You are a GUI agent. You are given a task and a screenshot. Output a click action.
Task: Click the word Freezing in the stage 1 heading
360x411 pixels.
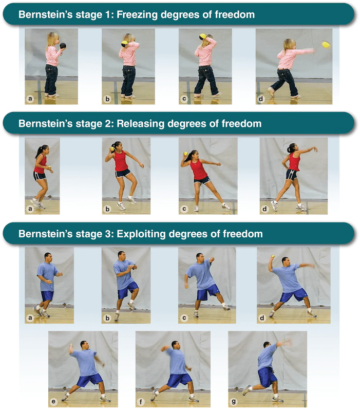137,15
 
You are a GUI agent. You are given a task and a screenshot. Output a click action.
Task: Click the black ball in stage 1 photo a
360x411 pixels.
63,46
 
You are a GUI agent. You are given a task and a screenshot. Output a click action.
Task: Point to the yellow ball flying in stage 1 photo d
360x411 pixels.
326,44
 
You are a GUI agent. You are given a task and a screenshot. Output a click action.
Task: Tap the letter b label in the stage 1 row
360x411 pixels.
107,99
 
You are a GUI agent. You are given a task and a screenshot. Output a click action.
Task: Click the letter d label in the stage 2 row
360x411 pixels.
264,209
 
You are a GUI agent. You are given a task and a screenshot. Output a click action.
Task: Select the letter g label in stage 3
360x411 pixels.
234,401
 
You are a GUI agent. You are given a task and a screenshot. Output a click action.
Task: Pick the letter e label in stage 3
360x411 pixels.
53,402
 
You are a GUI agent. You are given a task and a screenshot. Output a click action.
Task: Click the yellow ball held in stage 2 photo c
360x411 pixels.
186,154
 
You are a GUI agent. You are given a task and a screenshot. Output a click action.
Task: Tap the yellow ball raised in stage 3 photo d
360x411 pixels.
273,256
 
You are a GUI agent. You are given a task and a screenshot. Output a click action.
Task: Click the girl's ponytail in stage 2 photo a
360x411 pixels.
40,152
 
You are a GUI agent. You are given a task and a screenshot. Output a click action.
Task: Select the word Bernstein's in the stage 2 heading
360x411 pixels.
45,123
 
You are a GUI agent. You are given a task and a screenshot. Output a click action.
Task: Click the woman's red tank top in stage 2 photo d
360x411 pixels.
294,161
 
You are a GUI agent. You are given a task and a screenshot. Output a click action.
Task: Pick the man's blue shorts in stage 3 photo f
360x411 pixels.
180,380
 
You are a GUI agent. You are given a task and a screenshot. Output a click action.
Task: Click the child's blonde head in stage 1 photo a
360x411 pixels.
53,40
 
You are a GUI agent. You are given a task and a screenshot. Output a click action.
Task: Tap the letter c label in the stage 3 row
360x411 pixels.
184,317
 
